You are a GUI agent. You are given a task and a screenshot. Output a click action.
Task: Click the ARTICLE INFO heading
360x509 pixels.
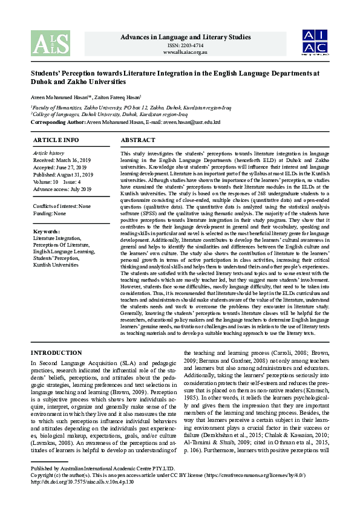56,140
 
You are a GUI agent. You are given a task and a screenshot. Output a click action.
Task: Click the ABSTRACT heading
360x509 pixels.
138,140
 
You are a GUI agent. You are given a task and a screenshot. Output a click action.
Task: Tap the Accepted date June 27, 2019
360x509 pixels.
71,167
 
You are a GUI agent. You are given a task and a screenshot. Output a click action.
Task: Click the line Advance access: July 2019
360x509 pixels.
62,189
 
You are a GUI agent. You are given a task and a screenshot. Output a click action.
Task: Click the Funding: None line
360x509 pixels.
50,213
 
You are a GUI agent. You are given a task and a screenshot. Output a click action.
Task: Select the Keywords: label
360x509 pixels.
47,232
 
